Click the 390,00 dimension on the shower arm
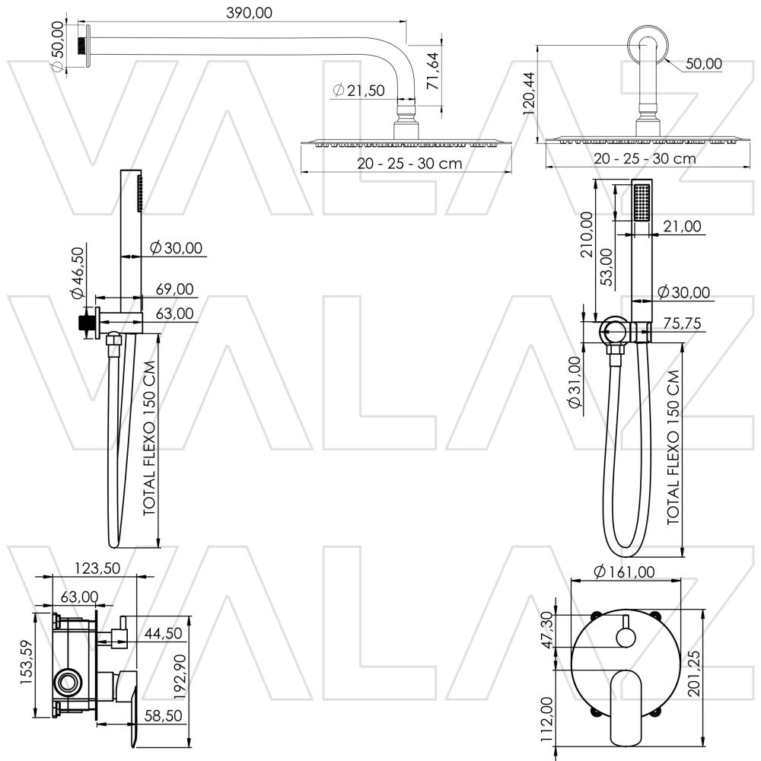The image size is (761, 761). tap(249, 12)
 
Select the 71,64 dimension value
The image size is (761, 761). tap(433, 72)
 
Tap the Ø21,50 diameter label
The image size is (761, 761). tap(358, 91)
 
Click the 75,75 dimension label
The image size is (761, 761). tap(681, 323)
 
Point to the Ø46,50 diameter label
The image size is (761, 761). tap(76, 272)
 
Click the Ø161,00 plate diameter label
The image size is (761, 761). tap(623, 571)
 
